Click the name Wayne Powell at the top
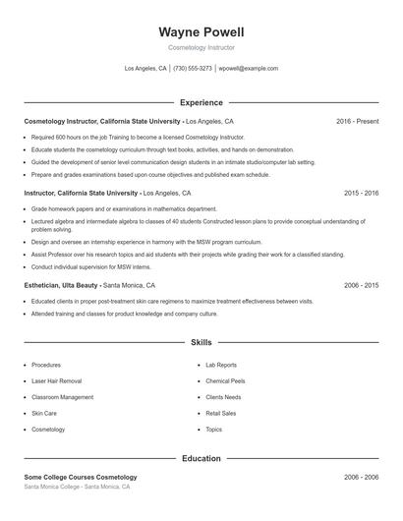click(201, 31)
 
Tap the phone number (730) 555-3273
click(193, 69)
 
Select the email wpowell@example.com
click(249, 69)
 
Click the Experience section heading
click(201, 102)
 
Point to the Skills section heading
click(201, 343)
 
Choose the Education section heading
click(201, 458)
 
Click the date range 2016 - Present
click(357, 121)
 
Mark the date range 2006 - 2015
click(361, 284)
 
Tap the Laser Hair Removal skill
click(57, 380)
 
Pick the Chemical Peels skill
click(225, 380)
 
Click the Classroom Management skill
click(63, 397)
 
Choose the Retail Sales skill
click(221, 413)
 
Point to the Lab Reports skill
click(221, 365)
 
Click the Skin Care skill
click(44, 413)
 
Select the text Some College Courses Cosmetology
click(81, 477)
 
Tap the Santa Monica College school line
click(77, 487)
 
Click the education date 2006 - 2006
click(361, 477)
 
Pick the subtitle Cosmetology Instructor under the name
click(201, 47)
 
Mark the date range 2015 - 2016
click(361, 194)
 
